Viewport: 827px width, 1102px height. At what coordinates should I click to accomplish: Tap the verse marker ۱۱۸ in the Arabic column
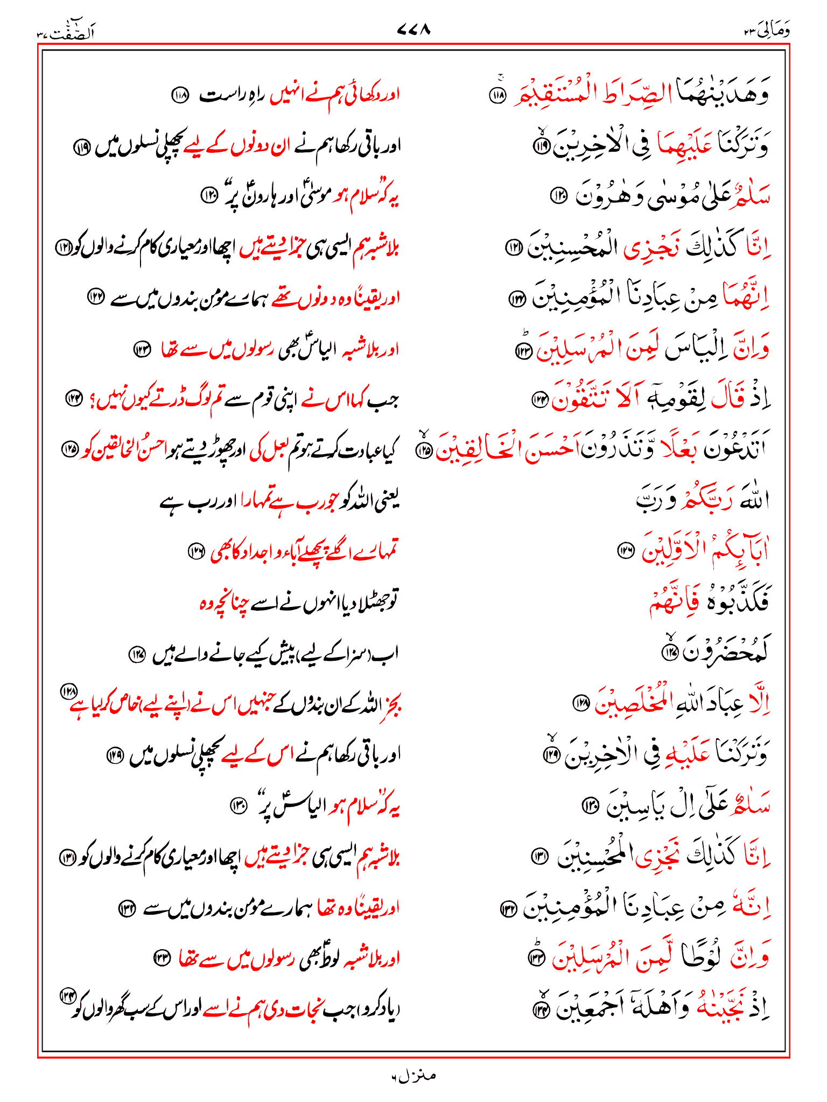(497, 95)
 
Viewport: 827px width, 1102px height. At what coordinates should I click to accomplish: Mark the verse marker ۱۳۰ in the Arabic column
(591, 805)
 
